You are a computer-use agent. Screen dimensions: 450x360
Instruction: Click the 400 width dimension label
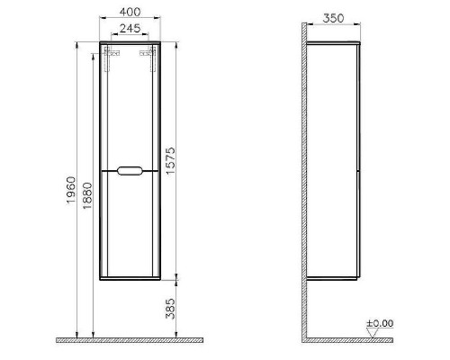(130, 12)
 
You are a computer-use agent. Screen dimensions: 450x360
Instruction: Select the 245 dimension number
(130, 29)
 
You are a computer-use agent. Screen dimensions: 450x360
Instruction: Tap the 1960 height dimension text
(71, 190)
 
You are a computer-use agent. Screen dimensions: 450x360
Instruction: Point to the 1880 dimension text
(87, 195)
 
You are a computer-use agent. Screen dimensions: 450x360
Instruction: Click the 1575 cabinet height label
(170, 160)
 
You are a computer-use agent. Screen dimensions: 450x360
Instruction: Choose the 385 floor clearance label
(170, 309)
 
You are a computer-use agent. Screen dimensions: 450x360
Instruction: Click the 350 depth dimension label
(333, 19)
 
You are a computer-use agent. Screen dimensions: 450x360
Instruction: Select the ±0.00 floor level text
(380, 323)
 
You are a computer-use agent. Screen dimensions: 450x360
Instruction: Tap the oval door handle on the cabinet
(130, 171)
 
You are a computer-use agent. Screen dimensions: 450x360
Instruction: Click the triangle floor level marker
(373, 332)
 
